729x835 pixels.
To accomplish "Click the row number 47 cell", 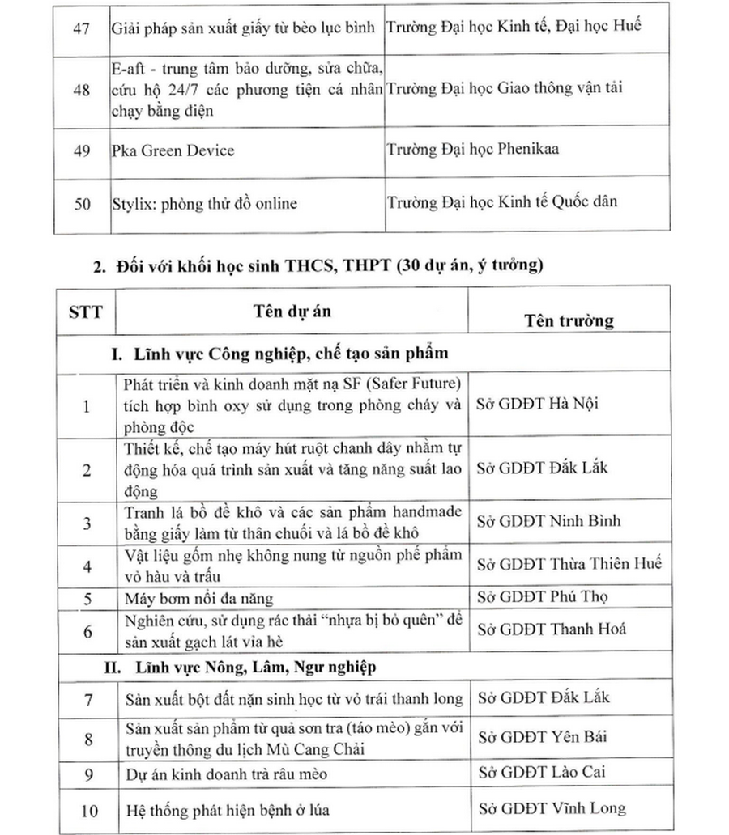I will coord(81,28).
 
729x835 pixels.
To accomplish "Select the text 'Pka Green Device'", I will coord(173,150).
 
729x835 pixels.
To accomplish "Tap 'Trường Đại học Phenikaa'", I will coord(473,149).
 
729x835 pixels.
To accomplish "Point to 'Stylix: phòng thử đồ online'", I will coord(204,203).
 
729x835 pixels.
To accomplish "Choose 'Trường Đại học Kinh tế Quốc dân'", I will coord(502,201).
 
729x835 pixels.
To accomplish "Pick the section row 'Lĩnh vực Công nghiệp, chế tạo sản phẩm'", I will coord(279,354).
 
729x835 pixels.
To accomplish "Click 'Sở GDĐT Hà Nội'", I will coord(537,404).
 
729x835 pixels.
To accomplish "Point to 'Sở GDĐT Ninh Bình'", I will coord(548,520).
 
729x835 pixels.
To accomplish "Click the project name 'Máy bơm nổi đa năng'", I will coord(199,598).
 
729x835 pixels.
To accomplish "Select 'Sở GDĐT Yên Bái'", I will coord(543,737).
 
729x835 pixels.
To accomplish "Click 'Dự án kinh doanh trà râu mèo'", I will coord(226,774).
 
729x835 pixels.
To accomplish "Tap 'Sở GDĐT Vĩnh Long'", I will coord(552,808).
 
